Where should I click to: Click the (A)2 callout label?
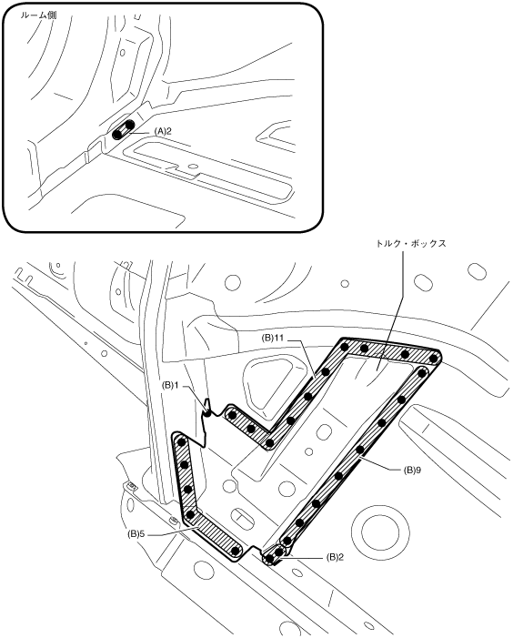click(x=163, y=131)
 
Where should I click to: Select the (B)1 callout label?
click(x=170, y=384)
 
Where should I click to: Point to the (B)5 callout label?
click(x=136, y=534)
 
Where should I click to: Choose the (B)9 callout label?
click(x=412, y=470)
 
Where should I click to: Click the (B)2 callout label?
click(x=335, y=557)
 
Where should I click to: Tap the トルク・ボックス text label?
click(x=411, y=243)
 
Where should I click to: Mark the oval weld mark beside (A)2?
click(x=123, y=130)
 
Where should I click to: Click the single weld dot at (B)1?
click(x=207, y=413)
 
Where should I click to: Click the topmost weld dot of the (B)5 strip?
click(x=182, y=441)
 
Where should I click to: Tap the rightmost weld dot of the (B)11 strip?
click(x=434, y=359)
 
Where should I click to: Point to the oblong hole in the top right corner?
click(x=477, y=271)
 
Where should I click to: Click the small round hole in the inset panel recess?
click(x=193, y=167)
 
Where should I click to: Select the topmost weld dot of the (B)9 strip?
click(x=421, y=372)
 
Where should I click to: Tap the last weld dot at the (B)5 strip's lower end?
click(x=235, y=551)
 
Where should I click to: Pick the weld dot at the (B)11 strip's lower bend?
click(x=269, y=442)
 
